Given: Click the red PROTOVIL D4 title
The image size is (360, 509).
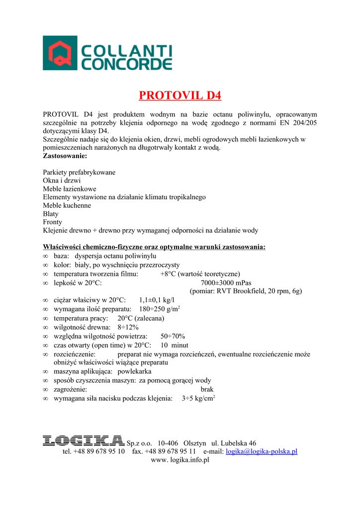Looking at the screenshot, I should (180, 95).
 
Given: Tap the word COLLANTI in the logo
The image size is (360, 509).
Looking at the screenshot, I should (127, 51).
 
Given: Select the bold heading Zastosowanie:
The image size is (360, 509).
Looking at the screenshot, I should (65, 156).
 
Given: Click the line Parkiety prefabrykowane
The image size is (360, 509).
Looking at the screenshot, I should (79, 172).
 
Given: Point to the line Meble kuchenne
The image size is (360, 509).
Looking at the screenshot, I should (67, 205).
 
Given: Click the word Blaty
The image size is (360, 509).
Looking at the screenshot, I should (51, 214).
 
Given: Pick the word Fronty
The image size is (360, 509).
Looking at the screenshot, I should (53, 222).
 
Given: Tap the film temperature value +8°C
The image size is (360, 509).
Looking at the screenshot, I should (169, 274).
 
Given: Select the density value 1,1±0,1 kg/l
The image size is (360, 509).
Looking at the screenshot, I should (157, 300).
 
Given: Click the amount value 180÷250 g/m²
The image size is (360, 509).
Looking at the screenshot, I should (159, 309).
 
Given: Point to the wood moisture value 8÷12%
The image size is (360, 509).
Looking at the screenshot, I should (128, 327).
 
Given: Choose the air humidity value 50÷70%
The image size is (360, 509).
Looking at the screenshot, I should (173, 336).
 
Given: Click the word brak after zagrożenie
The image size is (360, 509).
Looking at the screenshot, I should (207, 389).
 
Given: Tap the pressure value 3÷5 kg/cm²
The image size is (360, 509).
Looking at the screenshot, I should (198, 398).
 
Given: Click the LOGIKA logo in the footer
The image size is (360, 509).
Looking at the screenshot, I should (83, 440).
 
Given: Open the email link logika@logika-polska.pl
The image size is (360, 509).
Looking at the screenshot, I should (262, 451).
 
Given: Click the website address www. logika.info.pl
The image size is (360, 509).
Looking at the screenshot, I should (180, 460).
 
